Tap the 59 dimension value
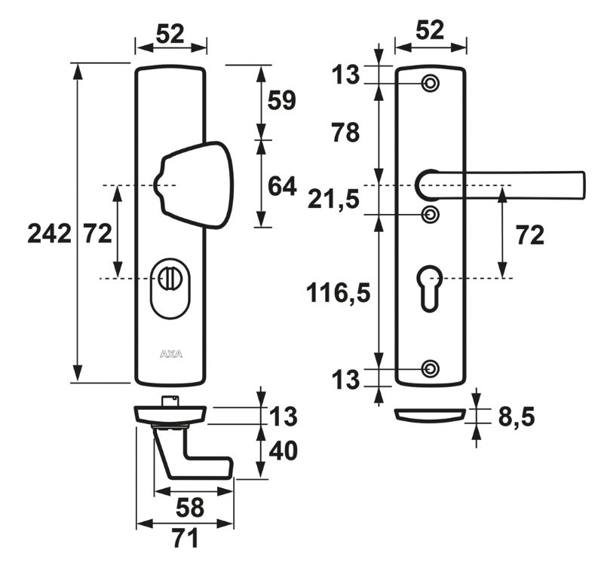[x=282, y=101]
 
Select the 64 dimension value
[x=282, y=185]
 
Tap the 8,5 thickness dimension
[x=517, y=416]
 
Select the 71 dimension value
[x=184, y=538]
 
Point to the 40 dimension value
[x=282, y=450]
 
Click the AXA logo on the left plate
[x=170, y=353]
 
